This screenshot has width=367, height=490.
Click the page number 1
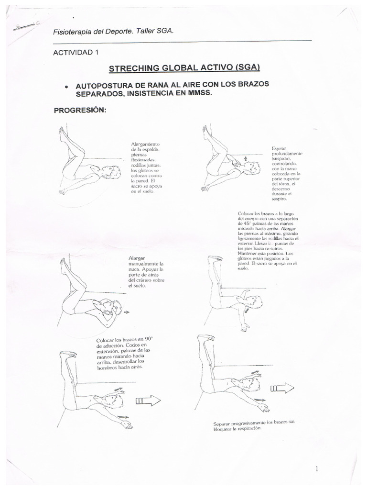click(x=317, y=468)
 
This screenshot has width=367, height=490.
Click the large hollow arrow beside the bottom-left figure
click(x=149, y=401)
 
